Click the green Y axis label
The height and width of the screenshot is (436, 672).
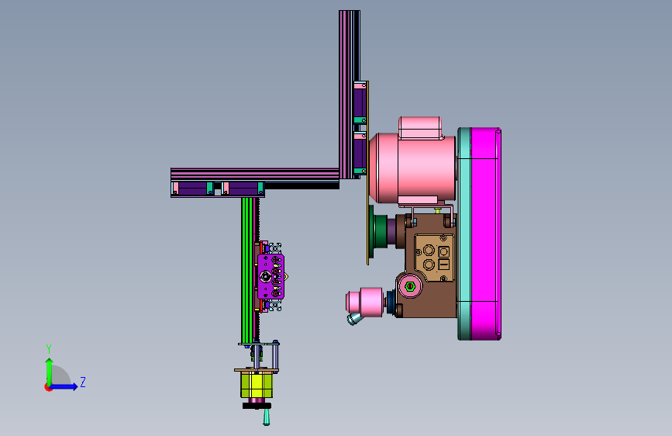point(49,348)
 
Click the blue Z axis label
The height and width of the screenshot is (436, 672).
point(83,382)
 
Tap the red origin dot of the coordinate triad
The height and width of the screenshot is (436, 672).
point(48,387)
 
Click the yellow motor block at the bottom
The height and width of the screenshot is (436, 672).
point(257,385)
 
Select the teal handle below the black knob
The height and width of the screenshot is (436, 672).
point(266,417)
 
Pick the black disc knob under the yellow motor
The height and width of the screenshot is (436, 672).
point(257,406)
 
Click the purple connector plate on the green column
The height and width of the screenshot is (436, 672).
point(271,277)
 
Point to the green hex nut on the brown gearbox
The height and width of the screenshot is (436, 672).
point(410,286)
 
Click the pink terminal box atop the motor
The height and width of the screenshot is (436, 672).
point(420,127)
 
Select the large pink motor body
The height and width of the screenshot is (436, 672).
point(412,168)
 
